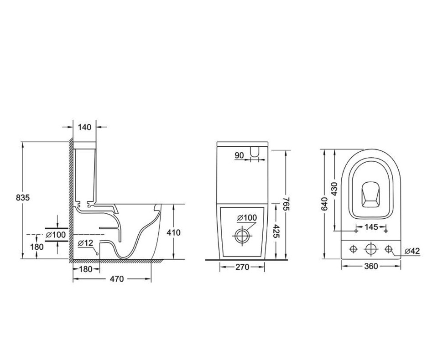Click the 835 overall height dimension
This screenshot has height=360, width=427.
point(23,198)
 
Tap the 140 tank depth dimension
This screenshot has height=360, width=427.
point(84,127)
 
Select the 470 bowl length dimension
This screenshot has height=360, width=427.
point(116,279)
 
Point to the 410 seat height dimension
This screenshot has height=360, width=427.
point(173,233)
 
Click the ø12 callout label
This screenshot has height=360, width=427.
point(85,243)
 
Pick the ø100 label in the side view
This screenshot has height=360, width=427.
point(56,235)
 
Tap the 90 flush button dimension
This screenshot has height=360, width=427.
point(239,155)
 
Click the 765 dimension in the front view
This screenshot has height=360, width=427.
point(286,204)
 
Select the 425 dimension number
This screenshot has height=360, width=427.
point(276,231)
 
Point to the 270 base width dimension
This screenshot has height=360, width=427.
point(242,267)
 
